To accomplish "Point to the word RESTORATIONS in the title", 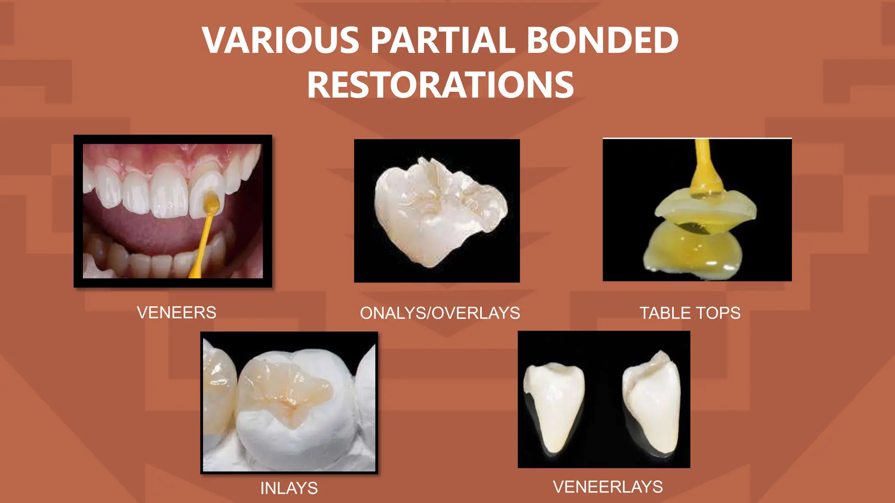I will pos(441,85).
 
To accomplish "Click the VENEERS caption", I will pos(177,313).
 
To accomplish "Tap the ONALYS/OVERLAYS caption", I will pos(440,313).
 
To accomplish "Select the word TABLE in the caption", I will pos(664,313).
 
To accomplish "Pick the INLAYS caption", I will pos(289,488).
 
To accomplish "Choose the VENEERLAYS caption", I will pos(608,487).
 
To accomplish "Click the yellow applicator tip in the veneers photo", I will pos(212,202).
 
